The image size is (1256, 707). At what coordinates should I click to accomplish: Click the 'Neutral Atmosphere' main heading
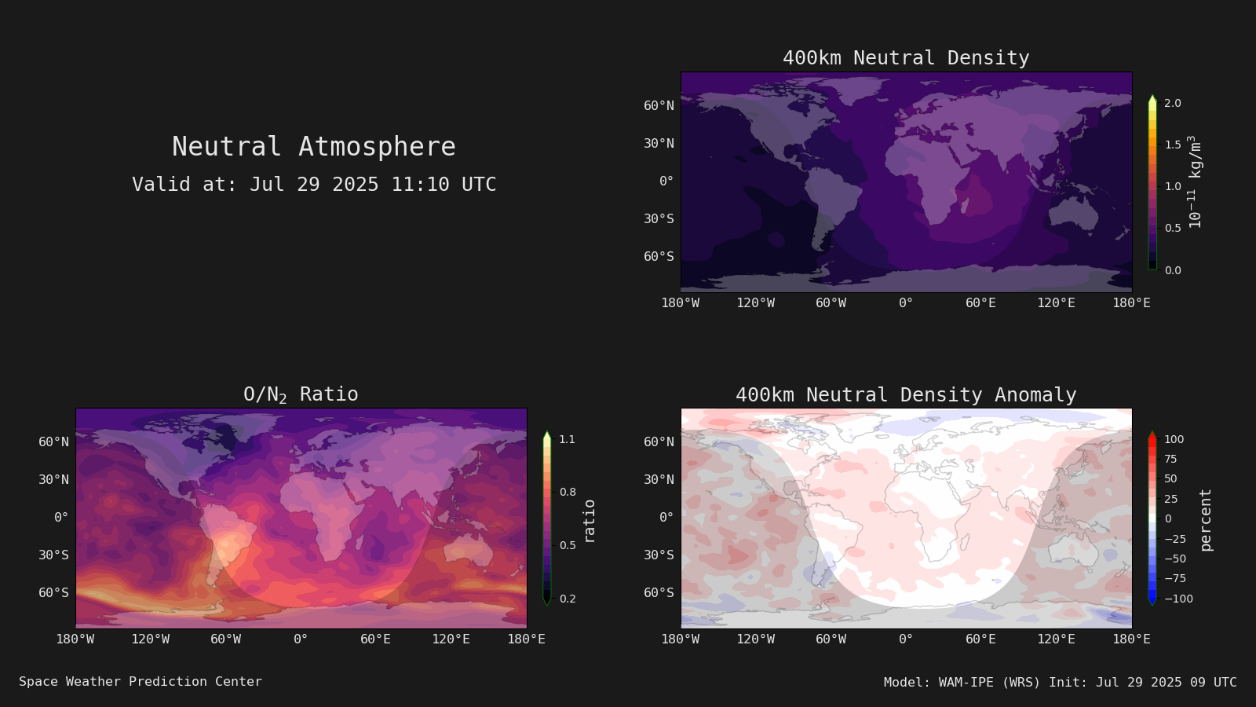click(x=313, y=146)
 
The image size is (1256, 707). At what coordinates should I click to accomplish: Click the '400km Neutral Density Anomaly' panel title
click(x=906, y=395)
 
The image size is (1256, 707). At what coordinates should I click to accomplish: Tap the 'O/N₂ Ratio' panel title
click(x=301, y=394)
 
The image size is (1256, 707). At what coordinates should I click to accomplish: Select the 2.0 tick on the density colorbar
click(x=1173, y=103)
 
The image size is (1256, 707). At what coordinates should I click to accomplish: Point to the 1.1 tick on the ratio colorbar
click(x=568, y=439)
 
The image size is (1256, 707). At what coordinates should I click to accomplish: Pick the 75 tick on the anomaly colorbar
click(x=1170, y=459)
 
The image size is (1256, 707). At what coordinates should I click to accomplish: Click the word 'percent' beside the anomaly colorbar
click(x=1206, y=520)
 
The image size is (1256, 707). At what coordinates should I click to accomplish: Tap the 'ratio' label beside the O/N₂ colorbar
click(x=589, y=522)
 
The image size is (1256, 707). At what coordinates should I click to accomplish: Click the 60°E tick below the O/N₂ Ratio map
click(x=375, y=639)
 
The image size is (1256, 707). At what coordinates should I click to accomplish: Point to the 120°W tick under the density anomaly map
click(x=755, y=639)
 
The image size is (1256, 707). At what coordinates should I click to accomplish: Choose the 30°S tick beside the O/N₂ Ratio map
click(x=54, y=555)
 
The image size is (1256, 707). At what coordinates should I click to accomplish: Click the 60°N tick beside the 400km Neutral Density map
click(x=659, y=105)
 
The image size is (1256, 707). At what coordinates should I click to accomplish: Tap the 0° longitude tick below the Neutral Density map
click(x=906, y=303)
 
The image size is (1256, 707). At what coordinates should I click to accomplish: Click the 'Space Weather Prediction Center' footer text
click(x=141, y=682)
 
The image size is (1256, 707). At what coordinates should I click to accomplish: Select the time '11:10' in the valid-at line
click(x=420, y=185)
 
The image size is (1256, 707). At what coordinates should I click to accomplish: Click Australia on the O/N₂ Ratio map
click(x=468, y=550)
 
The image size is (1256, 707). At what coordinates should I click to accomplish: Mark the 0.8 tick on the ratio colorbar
click(x=568, y=492)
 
